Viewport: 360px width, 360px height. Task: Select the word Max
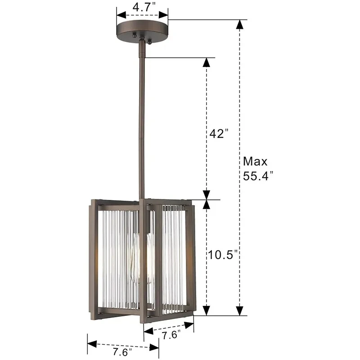pos(255,161)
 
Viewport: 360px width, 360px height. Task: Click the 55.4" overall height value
pos(258,176)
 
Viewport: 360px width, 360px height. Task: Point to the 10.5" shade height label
pos(223,255)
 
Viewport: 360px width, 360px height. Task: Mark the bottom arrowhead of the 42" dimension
pos(207,194)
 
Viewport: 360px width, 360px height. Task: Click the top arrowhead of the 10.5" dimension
pos(207,205)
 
